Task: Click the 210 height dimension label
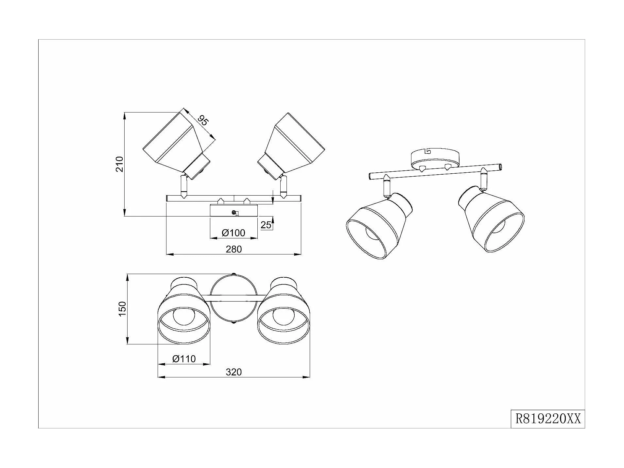[x=120, y=164]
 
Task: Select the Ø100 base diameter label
[x=233, y=233]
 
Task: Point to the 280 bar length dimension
[x=234, y=249]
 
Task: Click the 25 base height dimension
[x=266, y=225]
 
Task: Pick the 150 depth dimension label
[x=122, y=309]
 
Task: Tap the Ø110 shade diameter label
[x=184, y=359]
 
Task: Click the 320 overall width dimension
[x=234, y=372]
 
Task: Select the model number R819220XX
[x=548, y=419]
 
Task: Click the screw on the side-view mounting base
[x=234, y=213]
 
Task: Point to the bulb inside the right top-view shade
[x=283, y=316]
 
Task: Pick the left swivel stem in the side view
[x=183, y=187]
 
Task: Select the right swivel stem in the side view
[x=284, y=187]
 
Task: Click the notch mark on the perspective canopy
[x=427, y=151]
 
